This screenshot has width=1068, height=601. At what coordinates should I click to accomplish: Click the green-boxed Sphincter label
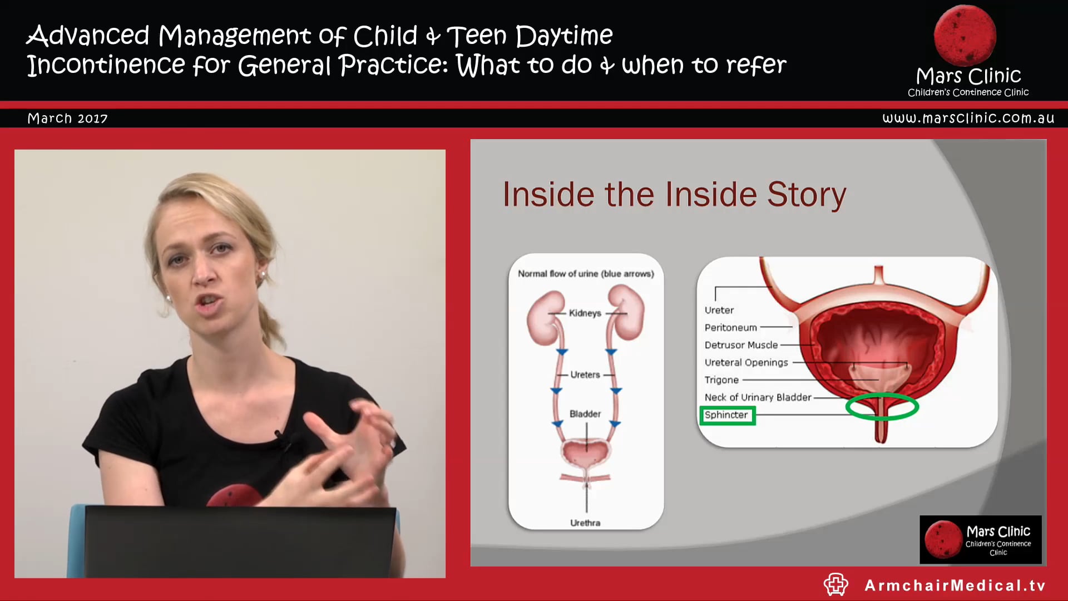point(726,415)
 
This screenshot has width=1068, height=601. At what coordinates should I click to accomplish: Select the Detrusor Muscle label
point(741,345)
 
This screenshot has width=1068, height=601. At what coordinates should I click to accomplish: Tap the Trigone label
point(721,380)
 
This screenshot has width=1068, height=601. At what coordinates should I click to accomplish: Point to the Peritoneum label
point(730,328)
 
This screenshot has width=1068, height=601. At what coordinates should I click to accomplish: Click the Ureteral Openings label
point(746,363)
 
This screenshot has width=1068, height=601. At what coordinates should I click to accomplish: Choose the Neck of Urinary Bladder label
point(758,397)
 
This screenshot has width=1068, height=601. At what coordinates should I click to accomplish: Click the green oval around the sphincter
point(882,406)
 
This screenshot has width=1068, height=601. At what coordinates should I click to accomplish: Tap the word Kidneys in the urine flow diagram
point(585,313)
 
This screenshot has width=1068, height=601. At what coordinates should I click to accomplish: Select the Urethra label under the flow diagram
point(585,523)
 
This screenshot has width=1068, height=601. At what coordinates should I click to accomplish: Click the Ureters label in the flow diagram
point(585,375)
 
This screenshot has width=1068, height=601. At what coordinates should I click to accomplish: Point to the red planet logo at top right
point(965,36)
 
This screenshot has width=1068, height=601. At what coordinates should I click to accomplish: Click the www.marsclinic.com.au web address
point(968,118)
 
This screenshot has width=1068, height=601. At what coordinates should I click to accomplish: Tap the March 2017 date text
point(67,119)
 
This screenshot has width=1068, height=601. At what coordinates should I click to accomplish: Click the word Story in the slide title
point(807,195)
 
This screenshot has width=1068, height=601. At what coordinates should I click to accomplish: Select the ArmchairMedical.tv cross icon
point(835,584)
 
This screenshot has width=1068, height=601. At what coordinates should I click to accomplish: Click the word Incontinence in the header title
point(106,65)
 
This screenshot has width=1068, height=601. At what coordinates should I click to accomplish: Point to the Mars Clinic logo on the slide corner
point(980,539)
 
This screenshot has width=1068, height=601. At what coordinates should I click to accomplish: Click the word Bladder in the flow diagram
point(585,414)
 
